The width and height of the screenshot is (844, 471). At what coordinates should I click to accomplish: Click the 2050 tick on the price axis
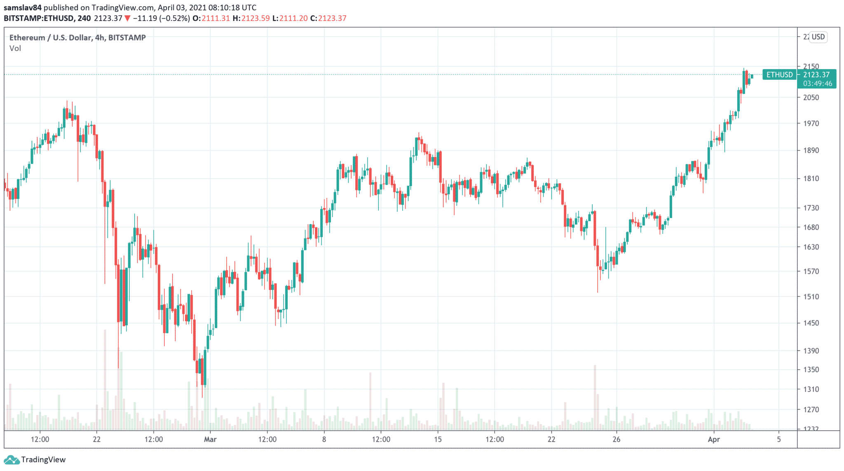[x=811, y=98]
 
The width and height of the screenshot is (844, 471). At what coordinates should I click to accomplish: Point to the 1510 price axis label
[x=811, y=296]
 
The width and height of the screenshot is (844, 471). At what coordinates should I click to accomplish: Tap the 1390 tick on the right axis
[x=811, y=351]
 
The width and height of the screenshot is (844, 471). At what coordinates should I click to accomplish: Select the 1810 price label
[x=811, y=179]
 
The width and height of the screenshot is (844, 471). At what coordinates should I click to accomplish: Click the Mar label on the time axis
[x=210, y=439]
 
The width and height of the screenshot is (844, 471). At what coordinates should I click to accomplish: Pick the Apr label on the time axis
[x=714, y=439]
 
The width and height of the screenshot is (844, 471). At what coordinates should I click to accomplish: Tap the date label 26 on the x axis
[x=616, y=439]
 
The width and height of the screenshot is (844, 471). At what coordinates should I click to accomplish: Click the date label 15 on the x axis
[x=438, y=439]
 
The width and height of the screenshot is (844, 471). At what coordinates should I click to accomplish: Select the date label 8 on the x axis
[x=324, y=439]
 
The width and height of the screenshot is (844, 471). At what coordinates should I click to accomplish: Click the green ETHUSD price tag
[x=779, y=75]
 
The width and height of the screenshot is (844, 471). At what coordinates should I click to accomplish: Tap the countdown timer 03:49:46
[x=817, y=84]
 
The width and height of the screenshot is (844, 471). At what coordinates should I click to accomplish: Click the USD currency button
[x=818, y=37]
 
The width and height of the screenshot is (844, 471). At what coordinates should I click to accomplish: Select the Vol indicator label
[x=15, y=48]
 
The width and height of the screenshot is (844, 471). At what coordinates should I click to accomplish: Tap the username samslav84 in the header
[x=23, y=8]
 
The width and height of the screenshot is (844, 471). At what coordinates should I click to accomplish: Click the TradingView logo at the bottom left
[x=35, y=459]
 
